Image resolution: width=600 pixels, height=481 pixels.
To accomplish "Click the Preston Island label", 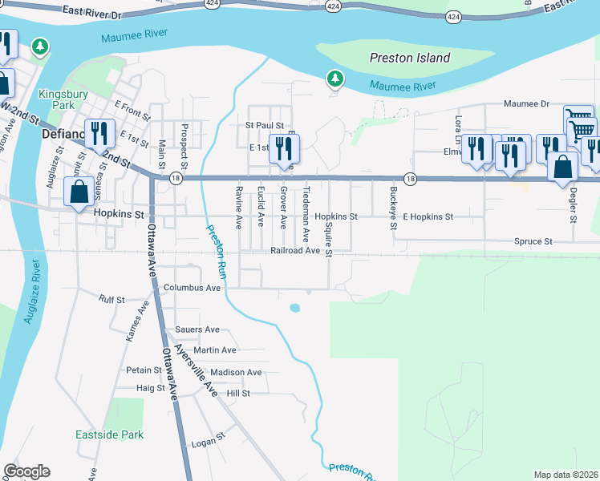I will pos(409,58).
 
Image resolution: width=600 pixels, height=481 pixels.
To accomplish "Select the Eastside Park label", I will pos(109,435).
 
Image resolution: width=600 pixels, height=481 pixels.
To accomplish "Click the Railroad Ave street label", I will pos(295,251).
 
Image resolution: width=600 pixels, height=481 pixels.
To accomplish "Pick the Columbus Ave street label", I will pos(191,288).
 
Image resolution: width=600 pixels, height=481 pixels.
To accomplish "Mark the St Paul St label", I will pos(265,126).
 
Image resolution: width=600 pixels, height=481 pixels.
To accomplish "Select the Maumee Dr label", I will pos(526,103).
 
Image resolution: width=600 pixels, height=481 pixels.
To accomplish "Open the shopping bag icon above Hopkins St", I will pos(79,193).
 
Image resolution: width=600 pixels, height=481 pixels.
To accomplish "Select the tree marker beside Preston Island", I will pos(334,79).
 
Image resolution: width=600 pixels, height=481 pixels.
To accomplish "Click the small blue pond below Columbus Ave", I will pos(294,308).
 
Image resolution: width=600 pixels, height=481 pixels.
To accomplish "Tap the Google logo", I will pos(26,471).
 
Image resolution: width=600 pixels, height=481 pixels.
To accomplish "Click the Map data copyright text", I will pos(566,475).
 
